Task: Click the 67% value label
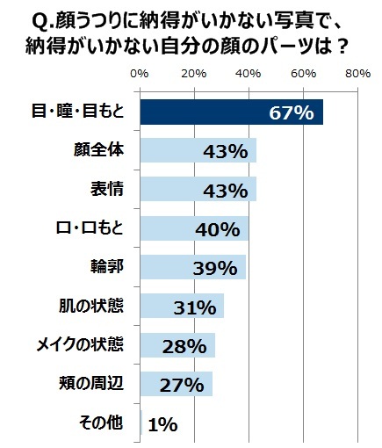pyautogui.click(x=292, y=113)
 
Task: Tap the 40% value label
pyautogui.click(x=218, y=230)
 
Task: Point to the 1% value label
pyautogui.click(x=163, y=424)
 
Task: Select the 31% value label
pyautogui.click(x=194, y=307)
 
